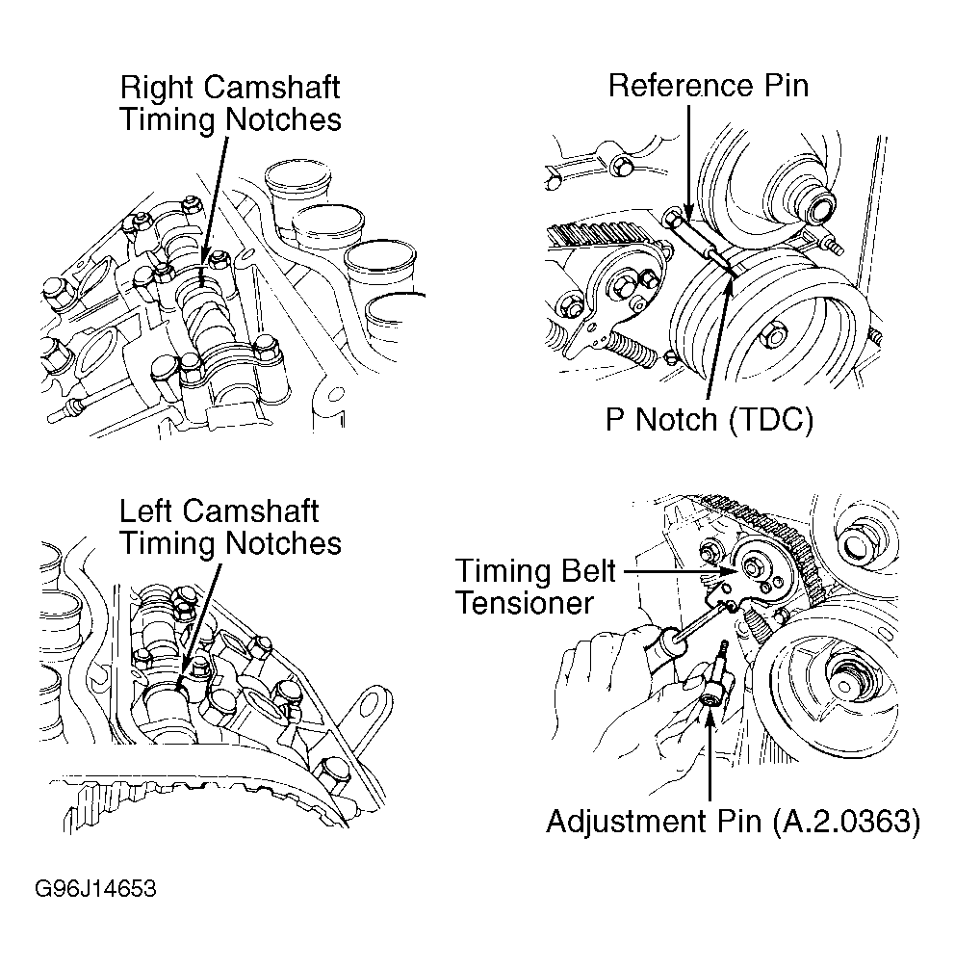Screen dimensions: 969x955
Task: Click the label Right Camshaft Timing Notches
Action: click(230, 103)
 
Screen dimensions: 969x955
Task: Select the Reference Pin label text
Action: click(709, 85)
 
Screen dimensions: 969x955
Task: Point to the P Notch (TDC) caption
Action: click(709, 421)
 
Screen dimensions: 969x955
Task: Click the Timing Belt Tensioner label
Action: click(535, 587)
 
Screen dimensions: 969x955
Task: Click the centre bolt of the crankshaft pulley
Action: click(773, 336)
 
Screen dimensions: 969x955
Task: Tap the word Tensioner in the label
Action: click(524, 603)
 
